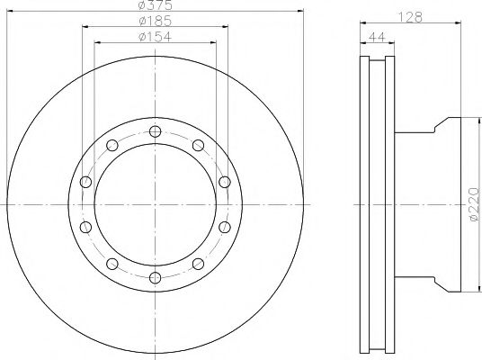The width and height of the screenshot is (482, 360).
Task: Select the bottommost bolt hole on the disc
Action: pos(155,276)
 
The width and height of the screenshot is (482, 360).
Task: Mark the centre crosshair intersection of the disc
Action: pos(155,204)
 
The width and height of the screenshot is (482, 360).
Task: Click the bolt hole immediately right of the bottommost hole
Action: pos(197,263)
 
